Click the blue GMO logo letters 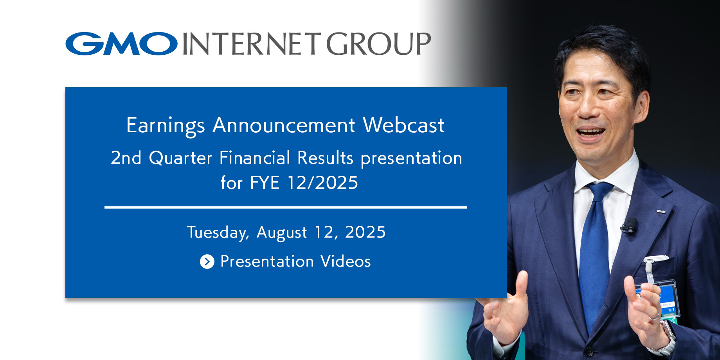122,43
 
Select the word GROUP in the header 378,44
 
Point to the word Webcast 403,125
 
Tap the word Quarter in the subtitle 180,158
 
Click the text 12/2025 322,183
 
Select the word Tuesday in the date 218,232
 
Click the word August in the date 282,233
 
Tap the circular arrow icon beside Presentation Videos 207,261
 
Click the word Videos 346,261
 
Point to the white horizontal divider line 286,207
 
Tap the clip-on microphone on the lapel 629,226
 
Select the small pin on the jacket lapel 661,211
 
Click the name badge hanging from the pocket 661,299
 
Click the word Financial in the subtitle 255,158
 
